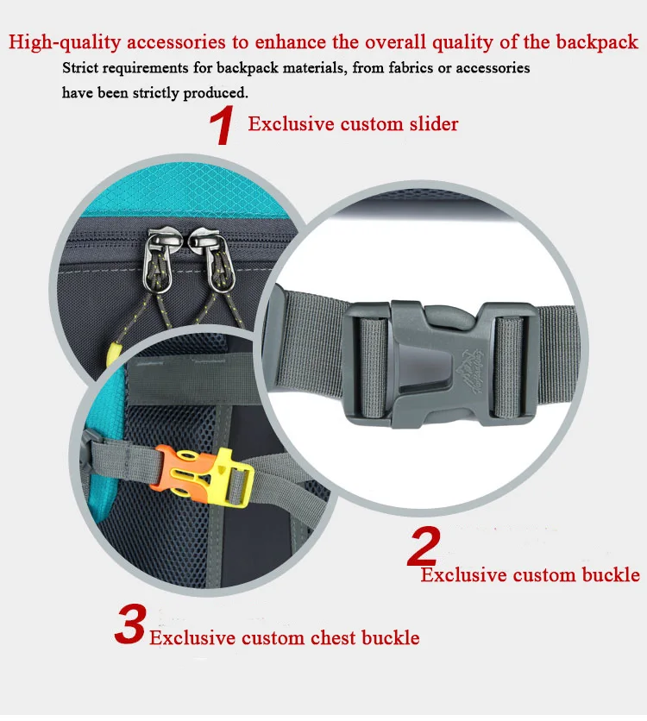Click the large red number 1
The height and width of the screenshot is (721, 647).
tap(222, 125)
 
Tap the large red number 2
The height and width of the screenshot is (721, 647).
tap(424, 546)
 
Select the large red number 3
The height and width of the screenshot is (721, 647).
tap(130, 624)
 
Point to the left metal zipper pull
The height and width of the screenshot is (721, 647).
tap(158, 260)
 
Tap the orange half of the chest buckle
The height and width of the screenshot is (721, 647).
tap(170, 471)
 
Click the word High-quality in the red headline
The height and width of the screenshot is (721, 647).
tap(65, 42)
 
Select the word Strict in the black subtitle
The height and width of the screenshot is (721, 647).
tap(79, 68)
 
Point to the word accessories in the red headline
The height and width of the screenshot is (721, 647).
tap(176, 42)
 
